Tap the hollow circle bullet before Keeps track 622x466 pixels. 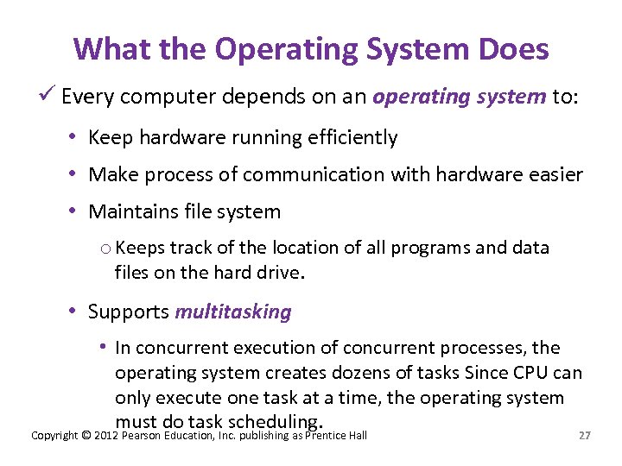point(105,249)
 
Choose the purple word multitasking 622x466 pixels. point(233,312)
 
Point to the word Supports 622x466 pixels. point(129,312)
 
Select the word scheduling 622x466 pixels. point(275,422)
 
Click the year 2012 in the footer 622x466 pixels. point(107,436)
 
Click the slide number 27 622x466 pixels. point(585,436)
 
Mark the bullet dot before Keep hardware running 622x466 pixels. point(76,137)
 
